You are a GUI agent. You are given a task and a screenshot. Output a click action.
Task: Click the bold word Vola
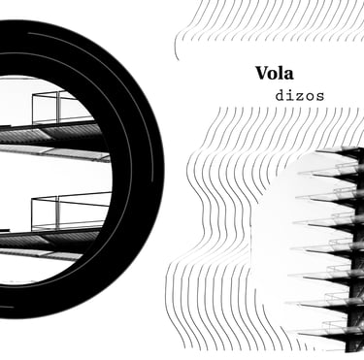click(x=275, y=73)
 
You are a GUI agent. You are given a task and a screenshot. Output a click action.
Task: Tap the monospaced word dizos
click(x=300, y=96)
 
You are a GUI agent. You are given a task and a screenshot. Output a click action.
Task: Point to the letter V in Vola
click(x=262, y=74)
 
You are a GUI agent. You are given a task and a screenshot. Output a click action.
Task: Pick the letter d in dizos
click(x=280, y=96)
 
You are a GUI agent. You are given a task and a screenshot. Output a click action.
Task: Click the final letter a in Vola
click(x=288, y=76)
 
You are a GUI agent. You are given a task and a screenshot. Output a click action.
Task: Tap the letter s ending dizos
click(x=319, y=97)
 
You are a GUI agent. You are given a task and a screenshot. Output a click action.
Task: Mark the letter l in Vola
click(x=281, y=73)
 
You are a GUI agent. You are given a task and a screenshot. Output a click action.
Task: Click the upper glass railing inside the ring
click(x=61, y=108)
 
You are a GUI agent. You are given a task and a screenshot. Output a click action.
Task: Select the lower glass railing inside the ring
click(x=71, y=211)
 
